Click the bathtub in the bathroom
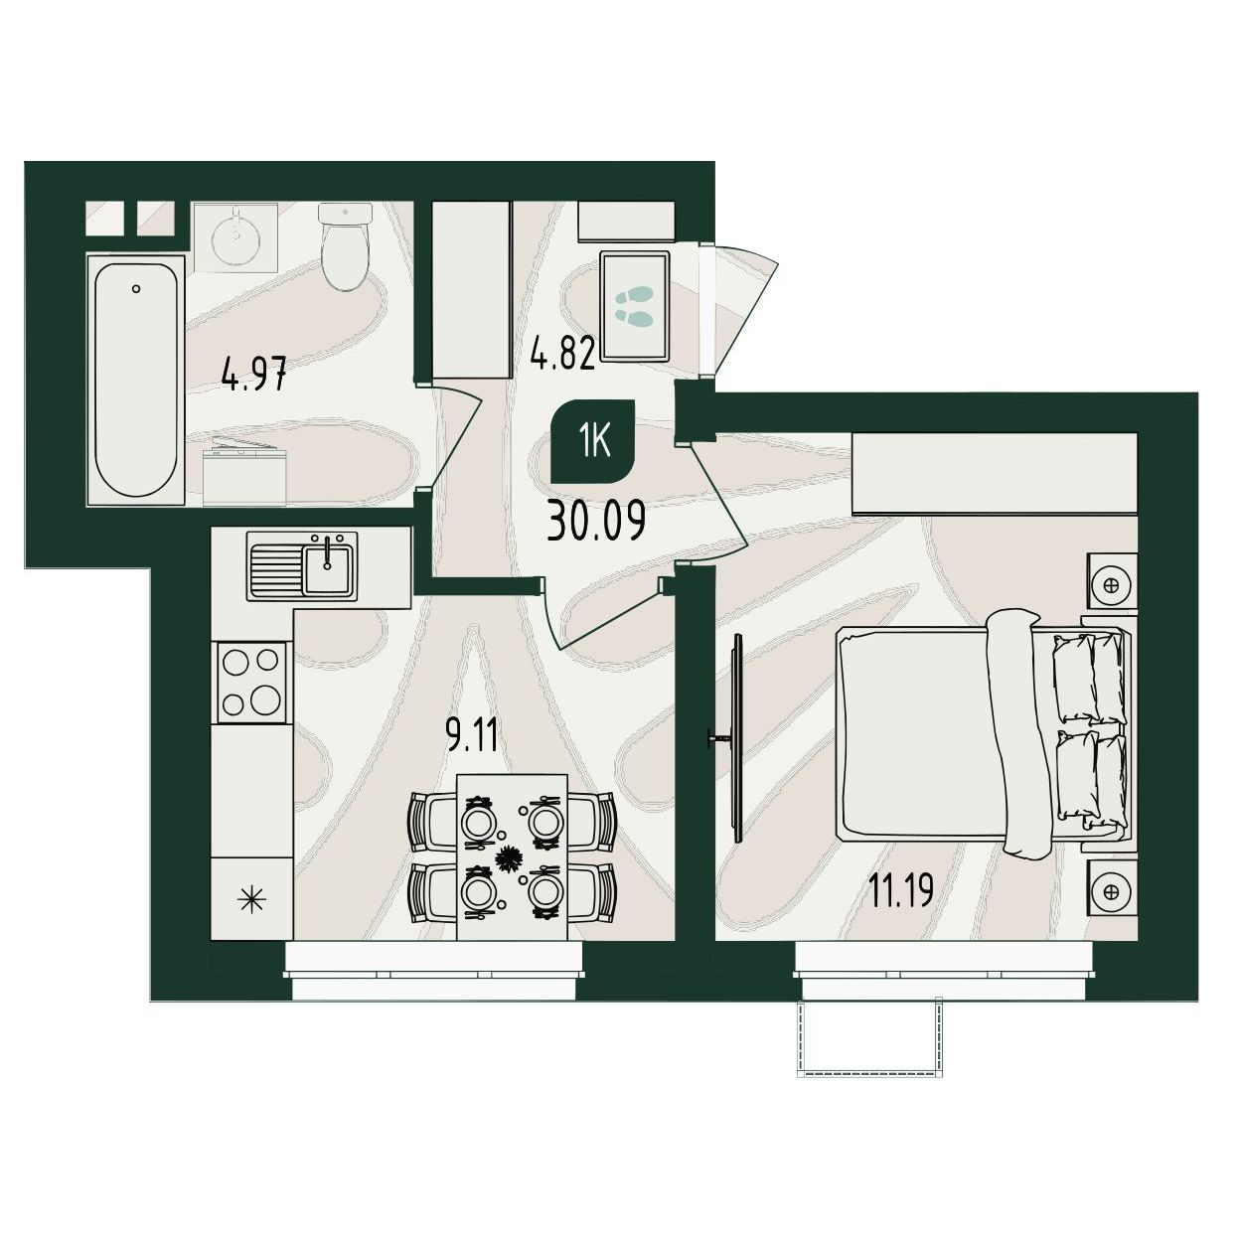(x=136, y=380)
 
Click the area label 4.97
(x=254, y=376)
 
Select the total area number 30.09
(x=596, y=524)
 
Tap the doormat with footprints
(x=635, y=306)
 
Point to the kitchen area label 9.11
(x=472, y=735)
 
